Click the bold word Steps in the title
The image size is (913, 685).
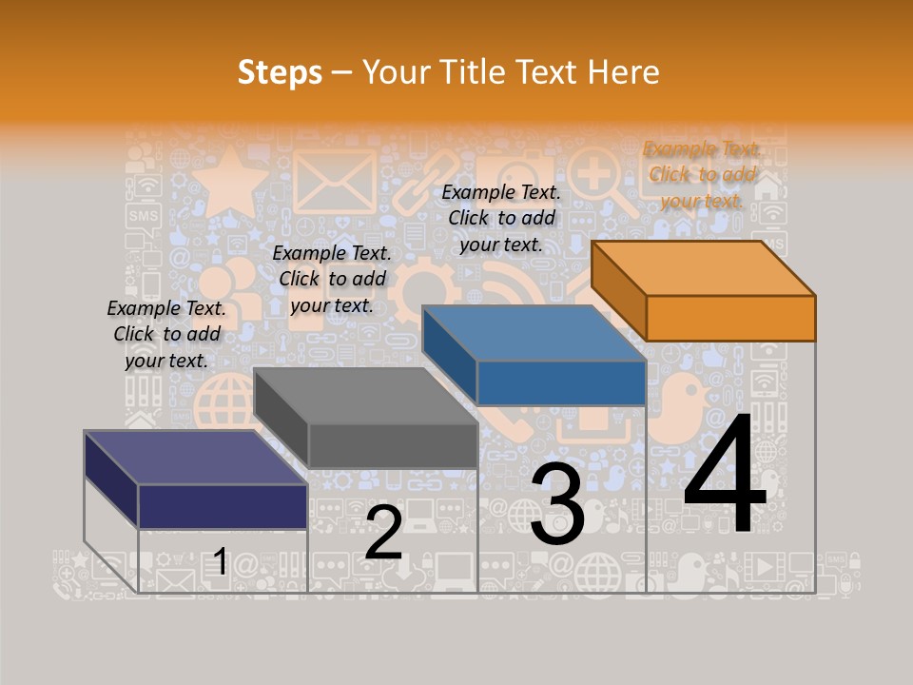280,72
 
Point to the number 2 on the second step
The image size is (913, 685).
383,533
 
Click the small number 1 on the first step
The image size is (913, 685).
220,562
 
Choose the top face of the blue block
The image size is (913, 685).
534,333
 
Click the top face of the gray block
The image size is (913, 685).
366,396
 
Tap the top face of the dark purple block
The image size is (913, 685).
196,458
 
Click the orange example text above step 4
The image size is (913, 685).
702,175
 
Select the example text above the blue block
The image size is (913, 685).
501,219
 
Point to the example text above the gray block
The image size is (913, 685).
332,279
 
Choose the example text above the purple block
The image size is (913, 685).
166,334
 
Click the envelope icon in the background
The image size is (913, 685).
334,181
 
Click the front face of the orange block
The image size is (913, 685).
730,318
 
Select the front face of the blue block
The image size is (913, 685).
561,382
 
